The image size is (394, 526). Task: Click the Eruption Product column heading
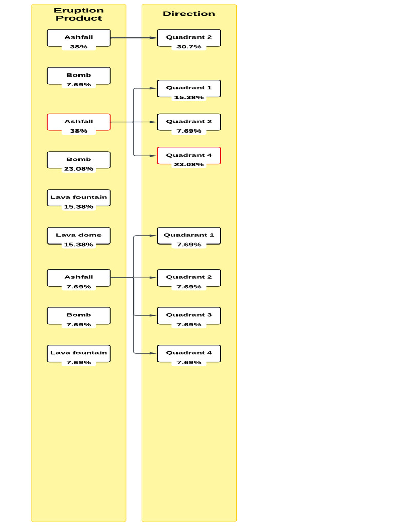coord(78,14)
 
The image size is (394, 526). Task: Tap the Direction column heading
coord(189,14)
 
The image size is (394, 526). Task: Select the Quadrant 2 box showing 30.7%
coord(189,38)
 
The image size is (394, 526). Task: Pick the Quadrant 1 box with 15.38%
coord(189,88)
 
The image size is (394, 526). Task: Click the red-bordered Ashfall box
coord(78,122)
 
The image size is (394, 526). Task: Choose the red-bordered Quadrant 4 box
coord(189,156)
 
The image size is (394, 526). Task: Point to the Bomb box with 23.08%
coord(78,160)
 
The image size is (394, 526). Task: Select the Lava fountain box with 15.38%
coord(78,198)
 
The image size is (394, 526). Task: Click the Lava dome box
coord(78,236)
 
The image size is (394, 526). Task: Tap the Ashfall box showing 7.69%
coord(78,278)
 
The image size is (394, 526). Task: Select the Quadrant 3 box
coord(189,316)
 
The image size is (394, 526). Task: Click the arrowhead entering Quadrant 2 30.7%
coord(153,38)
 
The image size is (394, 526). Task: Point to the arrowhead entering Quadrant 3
coord(153,316)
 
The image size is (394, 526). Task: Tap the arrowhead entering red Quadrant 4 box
coord(153,156)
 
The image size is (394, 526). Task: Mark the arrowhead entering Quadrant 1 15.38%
coord(153,88)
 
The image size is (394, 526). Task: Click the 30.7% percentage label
coord(189,47)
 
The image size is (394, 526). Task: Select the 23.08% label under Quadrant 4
coord(189,164)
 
